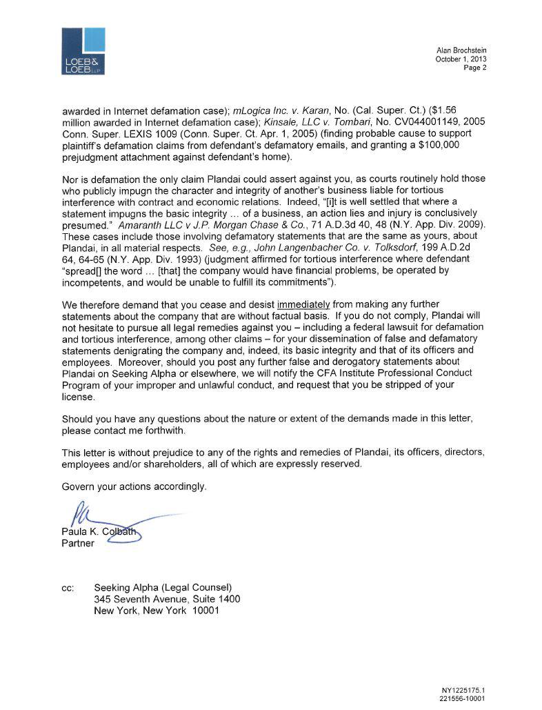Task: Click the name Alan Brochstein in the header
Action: tap(462, 51)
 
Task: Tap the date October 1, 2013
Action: tap(461, 59)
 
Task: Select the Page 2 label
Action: tap(476, 68)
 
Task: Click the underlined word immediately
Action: tap(304, 305)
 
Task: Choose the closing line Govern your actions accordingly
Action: tap(134, 486)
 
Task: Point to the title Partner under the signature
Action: tap(78, 542)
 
